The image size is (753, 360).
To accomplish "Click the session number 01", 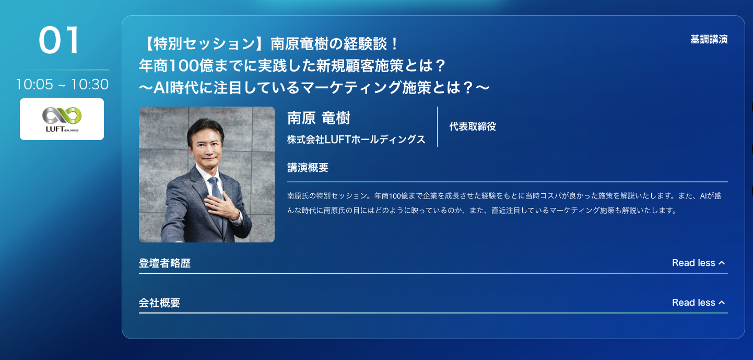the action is pos(59,40).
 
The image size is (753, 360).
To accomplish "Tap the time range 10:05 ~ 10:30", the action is pos(62,84).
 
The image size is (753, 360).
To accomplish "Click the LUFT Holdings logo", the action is pos(62,119).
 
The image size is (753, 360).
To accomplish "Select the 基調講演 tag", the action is pos(709,39).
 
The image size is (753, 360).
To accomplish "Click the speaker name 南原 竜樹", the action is pos(319,118).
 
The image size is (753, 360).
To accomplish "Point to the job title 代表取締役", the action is pos(473,126).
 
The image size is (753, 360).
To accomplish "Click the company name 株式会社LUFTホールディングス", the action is pos(356,140).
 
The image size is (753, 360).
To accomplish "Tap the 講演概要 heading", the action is pos(308,168).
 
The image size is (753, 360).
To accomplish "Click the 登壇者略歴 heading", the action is pos(164,263).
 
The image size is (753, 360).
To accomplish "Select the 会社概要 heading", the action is pos(159,303).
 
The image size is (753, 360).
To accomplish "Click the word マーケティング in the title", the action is pos(351,87).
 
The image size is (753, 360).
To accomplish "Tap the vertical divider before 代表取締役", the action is pos(438,126).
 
